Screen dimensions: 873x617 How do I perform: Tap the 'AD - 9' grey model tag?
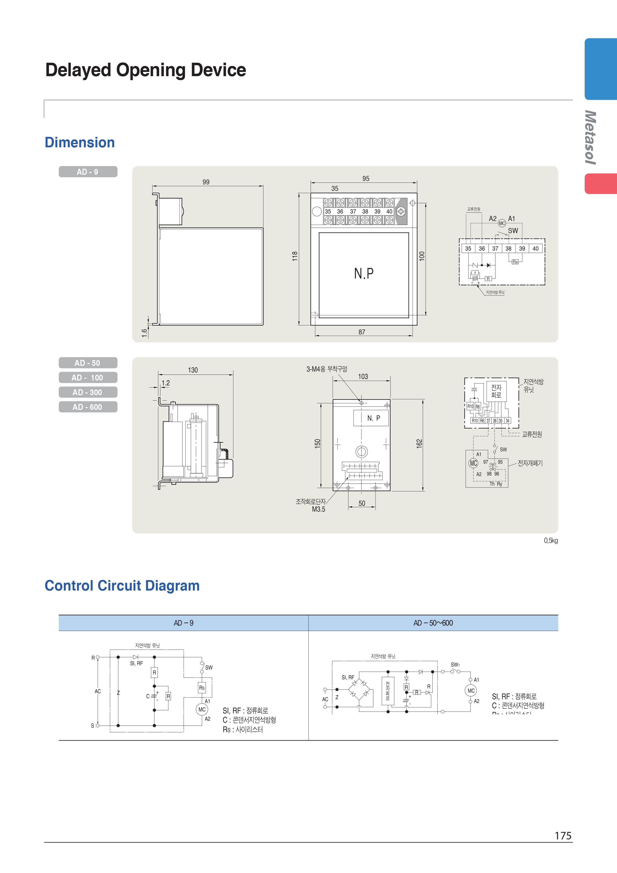pos(88,172)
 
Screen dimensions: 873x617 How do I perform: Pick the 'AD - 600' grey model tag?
pos(88,407)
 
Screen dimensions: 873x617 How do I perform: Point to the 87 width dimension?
pos(362,332)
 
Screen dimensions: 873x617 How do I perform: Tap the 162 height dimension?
pos(419,443)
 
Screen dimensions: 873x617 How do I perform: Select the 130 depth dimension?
pos(193,370)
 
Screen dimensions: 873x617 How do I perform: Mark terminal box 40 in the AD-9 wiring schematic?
pos(535,249)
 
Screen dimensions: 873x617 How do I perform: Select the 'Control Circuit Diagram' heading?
pos(122,586)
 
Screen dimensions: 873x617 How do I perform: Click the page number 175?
pos(563,836)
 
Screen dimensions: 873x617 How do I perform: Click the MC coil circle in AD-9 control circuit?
pos(202,709)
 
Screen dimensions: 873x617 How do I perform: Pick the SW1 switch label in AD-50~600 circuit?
pos(455,665)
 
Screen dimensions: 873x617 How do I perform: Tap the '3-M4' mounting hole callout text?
pos(327,369)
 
